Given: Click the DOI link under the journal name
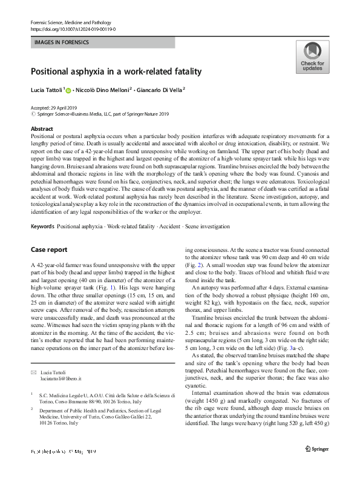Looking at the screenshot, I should pos(73,28).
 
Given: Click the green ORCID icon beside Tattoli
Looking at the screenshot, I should pos(68,91).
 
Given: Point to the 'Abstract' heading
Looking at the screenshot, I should pos(42,130).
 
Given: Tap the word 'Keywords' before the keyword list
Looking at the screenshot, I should pos(42,226).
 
